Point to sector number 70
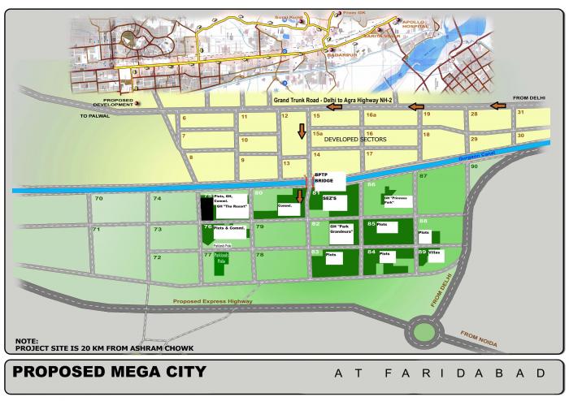98,199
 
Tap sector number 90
474,166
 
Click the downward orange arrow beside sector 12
301,131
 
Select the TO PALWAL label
94,116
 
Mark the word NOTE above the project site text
26,341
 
